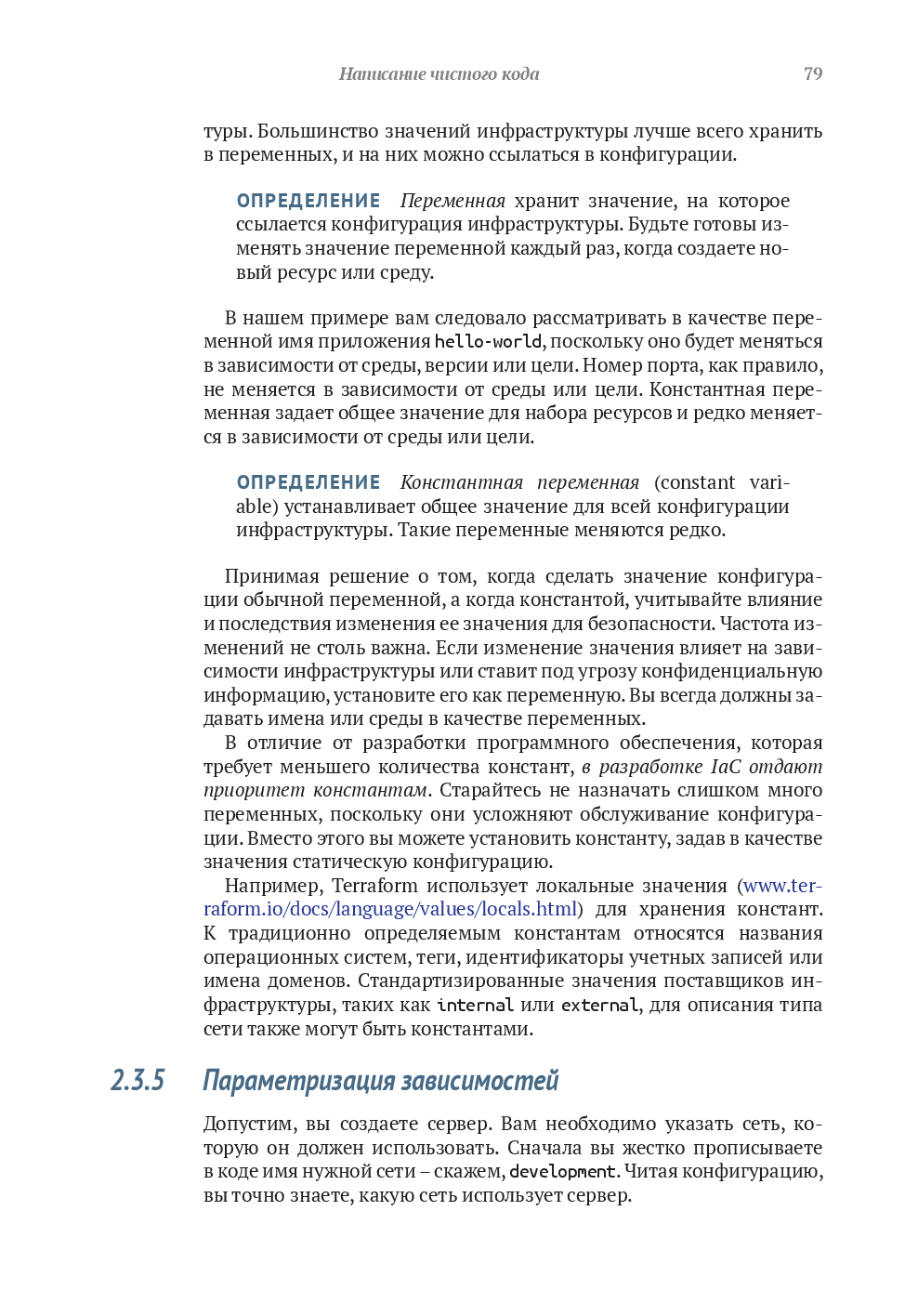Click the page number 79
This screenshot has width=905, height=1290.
(812, 73)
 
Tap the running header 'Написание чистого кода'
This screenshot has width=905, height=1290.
(439, 73)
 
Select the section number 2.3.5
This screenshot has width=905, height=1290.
(138, 1080)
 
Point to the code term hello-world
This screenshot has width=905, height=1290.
(488, 342)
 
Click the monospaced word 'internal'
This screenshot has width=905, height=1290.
(475, 1006)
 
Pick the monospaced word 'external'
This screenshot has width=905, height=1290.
(599, 1006)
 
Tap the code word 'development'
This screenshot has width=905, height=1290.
(562, 1172)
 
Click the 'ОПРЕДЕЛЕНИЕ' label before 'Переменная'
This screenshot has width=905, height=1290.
(308, 201)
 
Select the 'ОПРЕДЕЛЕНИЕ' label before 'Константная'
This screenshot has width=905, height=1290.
(308, 482)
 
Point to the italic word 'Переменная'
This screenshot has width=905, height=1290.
(452, 201)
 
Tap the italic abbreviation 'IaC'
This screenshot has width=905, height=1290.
(726, 767)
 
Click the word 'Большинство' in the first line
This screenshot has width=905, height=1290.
(318, 131)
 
